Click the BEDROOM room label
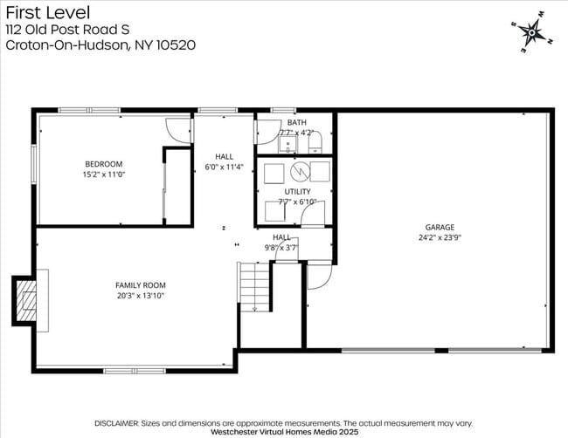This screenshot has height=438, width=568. (103, 164)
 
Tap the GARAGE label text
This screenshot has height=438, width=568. (440, 227)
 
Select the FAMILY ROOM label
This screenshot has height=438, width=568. (141, 285)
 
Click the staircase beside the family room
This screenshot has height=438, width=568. (255, 288)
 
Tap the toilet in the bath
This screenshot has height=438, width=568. (317, 141)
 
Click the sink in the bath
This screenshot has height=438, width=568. (287, 143)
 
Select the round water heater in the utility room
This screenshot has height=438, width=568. (299, 169)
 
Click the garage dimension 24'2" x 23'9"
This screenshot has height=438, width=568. (440, 237)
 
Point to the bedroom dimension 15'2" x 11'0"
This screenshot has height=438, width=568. (103, 175)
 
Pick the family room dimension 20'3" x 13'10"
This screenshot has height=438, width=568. (141, 296)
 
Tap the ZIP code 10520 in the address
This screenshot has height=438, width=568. (175, 44)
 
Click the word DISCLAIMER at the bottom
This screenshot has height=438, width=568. (117, 420)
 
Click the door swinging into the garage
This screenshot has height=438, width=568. (319, 277)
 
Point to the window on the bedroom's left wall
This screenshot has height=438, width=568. (34, 166)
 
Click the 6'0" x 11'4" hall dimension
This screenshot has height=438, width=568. (223, 166)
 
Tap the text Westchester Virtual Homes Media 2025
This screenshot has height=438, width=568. (284, 430)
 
